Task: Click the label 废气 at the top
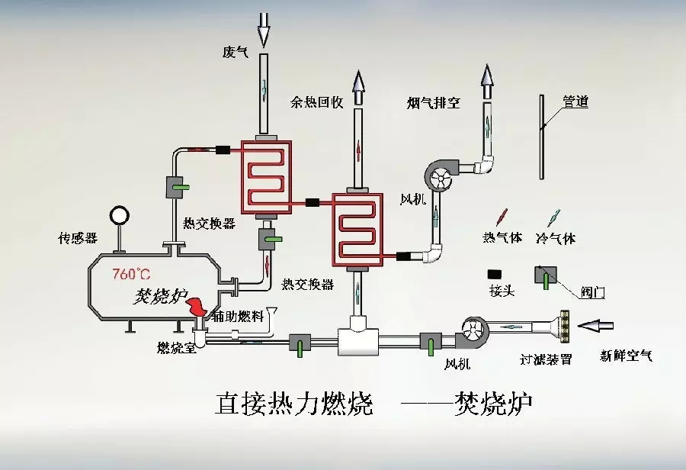(x=236, y=52)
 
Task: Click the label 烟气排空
(x=433, y=102)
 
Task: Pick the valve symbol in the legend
(x=546, y=276)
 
